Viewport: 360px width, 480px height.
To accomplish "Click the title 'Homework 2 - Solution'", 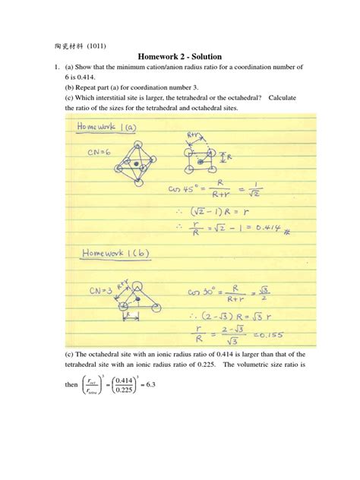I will point(179,57).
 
